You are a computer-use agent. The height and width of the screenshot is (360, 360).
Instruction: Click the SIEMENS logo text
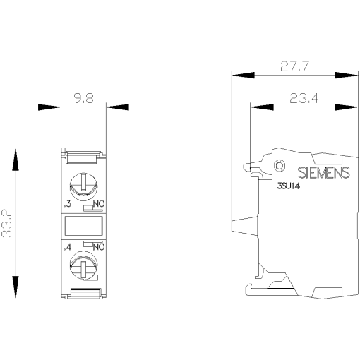click(321, 172)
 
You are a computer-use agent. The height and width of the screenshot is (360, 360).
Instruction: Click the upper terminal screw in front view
click(83, 186)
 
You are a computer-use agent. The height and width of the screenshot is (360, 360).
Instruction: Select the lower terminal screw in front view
click(83, 267)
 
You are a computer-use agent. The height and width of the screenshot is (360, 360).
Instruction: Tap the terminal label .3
click(67, 204)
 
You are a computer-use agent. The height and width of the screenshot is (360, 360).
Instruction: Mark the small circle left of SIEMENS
click(279, 167)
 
